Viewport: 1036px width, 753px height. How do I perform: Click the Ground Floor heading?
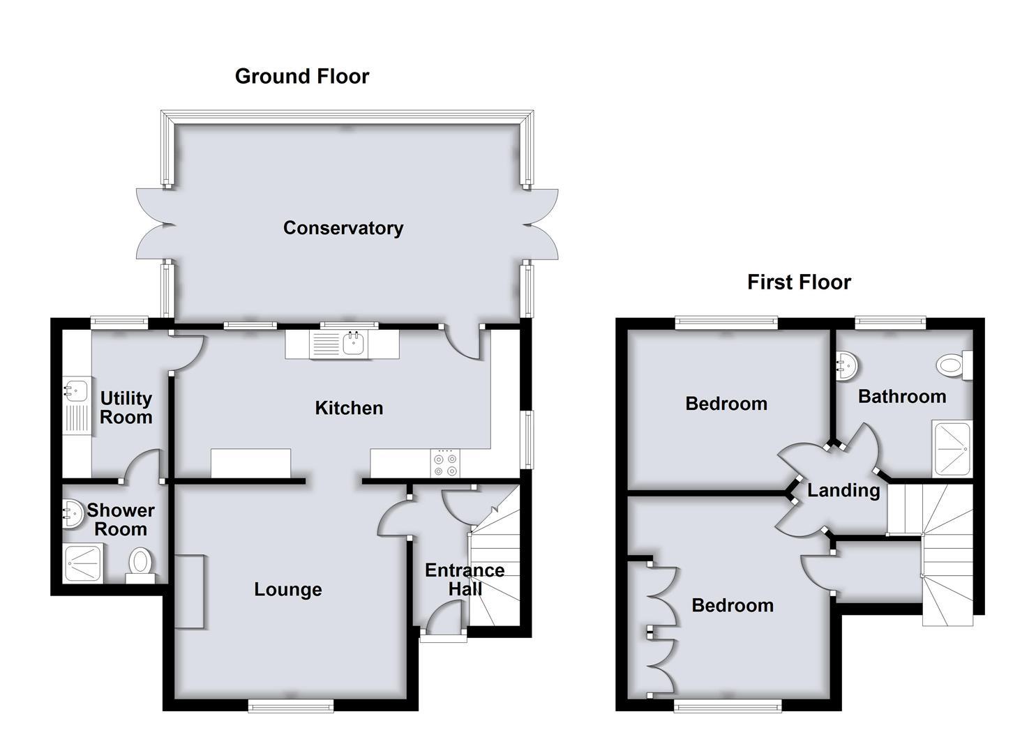pos(301,76)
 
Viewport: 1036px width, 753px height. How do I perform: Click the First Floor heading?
pos(799,282)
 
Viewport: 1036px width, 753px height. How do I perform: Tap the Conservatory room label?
pos(343,228)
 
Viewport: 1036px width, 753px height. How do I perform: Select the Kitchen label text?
pos(349,408)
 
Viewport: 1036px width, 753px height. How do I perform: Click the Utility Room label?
pos(126,408)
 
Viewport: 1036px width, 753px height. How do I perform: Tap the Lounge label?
pos(287,590)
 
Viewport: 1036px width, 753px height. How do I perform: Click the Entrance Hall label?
pos(465,579)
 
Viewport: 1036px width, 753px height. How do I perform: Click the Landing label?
pos(843,490)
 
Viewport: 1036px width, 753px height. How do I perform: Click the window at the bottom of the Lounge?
pos(292,707)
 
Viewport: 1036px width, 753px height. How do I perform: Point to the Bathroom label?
pos(901,397)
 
